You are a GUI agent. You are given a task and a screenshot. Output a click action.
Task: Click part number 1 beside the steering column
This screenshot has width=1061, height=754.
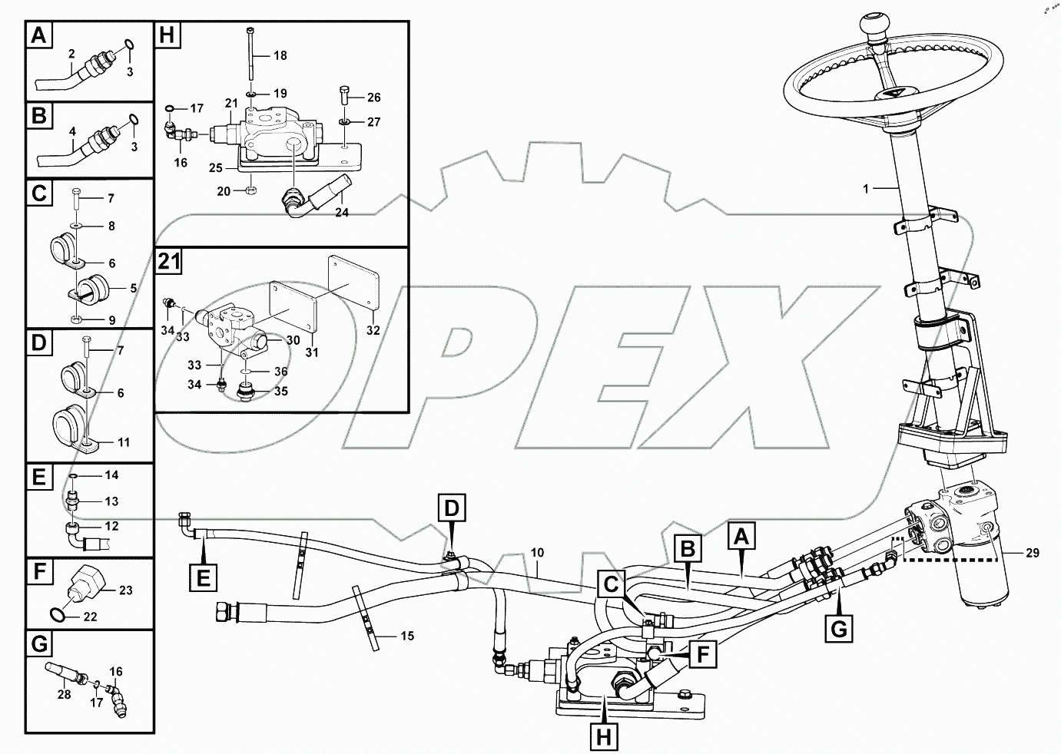pyautogui.click(x=866, y=188)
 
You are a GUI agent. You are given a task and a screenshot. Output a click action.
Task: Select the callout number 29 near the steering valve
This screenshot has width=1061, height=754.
pyautogui.click(x=1032, y=552)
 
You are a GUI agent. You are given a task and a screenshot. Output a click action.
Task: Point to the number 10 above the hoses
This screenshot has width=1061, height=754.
pyautogui.click(x=536, y=552)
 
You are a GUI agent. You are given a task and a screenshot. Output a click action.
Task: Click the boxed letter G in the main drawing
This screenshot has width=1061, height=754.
pyautogui.click(x=839, y=629)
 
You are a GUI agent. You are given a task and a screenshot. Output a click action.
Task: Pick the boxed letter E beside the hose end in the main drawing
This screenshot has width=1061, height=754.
pyautogui.click(x=203, y=577)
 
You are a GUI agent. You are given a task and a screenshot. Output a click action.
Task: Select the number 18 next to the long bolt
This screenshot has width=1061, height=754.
pyautogui.click(x=280, y=55)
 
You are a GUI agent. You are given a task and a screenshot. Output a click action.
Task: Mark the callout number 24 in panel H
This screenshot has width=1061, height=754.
pyautogui.click(x=342, y=213)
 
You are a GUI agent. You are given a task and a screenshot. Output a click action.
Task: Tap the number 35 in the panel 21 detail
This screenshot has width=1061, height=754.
pyautogui.click(x=281, y=390)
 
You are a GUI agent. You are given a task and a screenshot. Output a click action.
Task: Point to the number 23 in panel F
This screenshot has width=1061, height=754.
pyautogui.click(x=125, y=590)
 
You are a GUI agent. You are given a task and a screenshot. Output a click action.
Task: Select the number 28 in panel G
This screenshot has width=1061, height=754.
pyautogui.click(x=64, y=694)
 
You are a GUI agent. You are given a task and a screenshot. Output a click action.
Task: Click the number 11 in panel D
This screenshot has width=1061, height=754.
pyautogui.click(x=123, y=442)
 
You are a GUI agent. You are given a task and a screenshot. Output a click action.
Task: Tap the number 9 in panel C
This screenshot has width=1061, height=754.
pyautogui.click(x=111, y=319)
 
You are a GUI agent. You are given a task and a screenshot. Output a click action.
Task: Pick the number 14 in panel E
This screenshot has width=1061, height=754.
pyautogui.click(x=111, y=475)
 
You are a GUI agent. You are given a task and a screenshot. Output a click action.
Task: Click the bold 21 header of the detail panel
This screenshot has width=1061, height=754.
pyautogui.click(x=169, y=263)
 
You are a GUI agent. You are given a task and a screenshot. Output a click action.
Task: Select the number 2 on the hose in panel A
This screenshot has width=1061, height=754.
pyautogui.click(x=71, y=54)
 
